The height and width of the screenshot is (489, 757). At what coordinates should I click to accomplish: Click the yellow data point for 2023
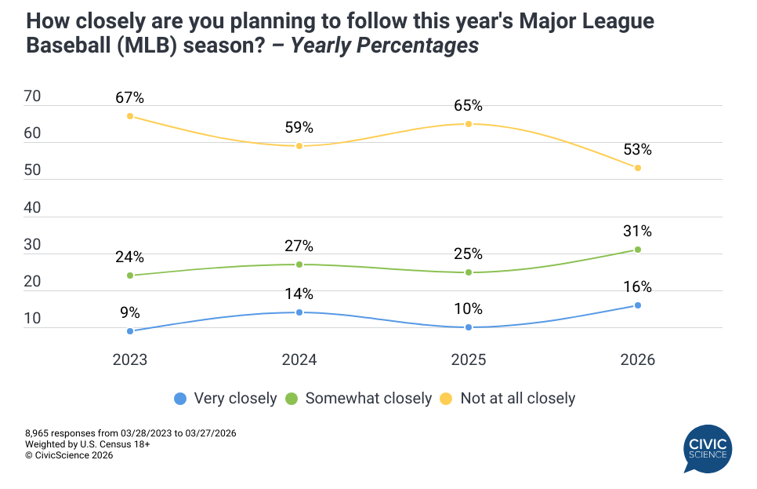tap(129, 116)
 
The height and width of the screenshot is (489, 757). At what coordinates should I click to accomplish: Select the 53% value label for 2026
tap(637, 150)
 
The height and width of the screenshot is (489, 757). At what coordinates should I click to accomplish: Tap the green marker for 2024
tap(299, 265)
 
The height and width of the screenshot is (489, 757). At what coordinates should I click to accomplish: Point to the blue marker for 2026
tap(637, 305)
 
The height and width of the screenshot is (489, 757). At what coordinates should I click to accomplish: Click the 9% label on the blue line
tap(129, 312)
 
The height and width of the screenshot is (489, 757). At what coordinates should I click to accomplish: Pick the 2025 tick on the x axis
tap(468, 360)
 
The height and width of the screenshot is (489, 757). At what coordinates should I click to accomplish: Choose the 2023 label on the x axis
tap(129, 360)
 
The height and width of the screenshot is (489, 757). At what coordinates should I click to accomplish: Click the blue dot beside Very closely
tap(181, 399)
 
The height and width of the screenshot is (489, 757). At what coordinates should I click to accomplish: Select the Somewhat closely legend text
tap(368, 399)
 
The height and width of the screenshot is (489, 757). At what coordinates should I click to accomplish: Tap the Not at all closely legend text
tap(517, 399)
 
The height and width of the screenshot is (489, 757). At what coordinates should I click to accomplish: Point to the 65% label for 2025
tap(468, 106)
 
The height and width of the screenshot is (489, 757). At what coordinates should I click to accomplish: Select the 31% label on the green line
tap(637, 232)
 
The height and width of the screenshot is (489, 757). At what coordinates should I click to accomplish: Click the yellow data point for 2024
tap(299, 146)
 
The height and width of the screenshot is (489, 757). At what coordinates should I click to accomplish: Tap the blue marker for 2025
tap(468, 327)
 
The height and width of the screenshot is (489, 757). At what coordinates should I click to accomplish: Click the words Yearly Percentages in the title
tap(385, 46)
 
